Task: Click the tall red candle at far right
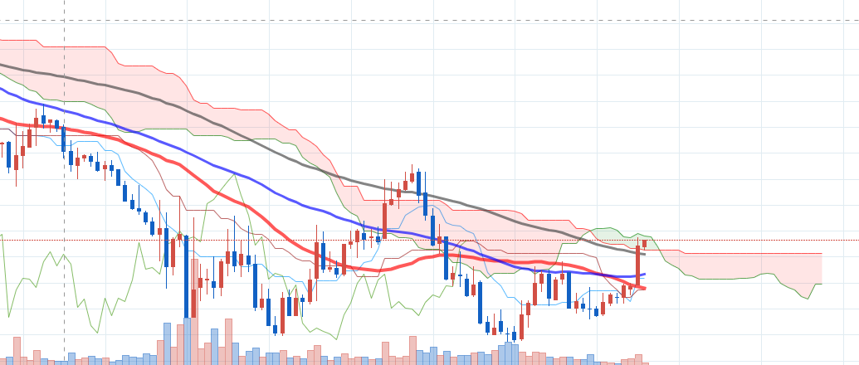(x=637, y=265)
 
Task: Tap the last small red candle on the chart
(x=644, y=243)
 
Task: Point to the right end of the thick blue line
(x=644, y=274)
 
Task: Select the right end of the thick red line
(x=644, y=288)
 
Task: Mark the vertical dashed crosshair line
(x=65, y=166)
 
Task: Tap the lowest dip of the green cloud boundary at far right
(x=808, y=298)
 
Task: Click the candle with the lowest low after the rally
(x=514, y=334)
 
